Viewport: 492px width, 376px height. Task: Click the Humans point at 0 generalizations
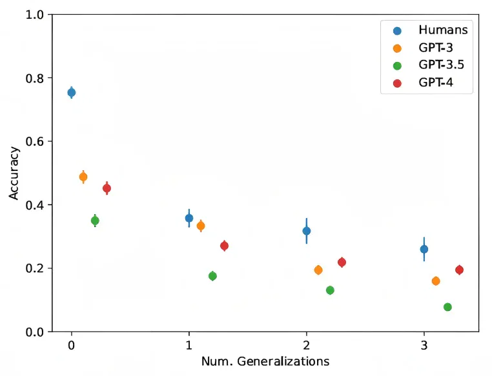[x=72, y=92]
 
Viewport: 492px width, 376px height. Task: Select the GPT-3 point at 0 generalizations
[x=83, y=177]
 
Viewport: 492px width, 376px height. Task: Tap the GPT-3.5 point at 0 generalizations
[x=95, y=221]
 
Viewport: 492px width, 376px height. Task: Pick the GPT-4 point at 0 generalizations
[x=107, y=188]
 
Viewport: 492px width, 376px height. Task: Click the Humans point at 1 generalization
[x=189, y=218]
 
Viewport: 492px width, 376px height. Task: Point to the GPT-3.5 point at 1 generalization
[x=212, y=276]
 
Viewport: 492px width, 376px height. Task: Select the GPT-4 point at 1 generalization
[x=224, y=246]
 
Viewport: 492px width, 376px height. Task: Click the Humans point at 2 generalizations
[x=307, y=231]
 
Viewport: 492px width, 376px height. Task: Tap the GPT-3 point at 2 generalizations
[x=318, y=270]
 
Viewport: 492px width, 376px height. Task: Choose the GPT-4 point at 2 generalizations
[x=342, y=262]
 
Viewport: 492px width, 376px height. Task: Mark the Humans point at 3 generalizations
[x=424, y=249]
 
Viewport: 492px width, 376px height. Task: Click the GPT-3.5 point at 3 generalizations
[x=447, y=307]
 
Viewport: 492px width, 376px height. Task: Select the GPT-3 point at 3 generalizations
[x=436, y=281]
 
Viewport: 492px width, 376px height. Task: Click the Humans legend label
[x=443, y=30]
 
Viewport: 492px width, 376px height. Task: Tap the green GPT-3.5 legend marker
[x=397, y=66]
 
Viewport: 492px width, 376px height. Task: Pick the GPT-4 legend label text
[x=436, y=83]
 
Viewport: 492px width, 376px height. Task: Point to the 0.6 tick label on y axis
[x=35, y=141]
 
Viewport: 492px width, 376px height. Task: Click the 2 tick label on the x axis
[x=307, y=345]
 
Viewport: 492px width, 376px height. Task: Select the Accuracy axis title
[x=14, y=173]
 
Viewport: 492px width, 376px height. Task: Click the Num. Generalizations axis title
[x=265, y=361]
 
